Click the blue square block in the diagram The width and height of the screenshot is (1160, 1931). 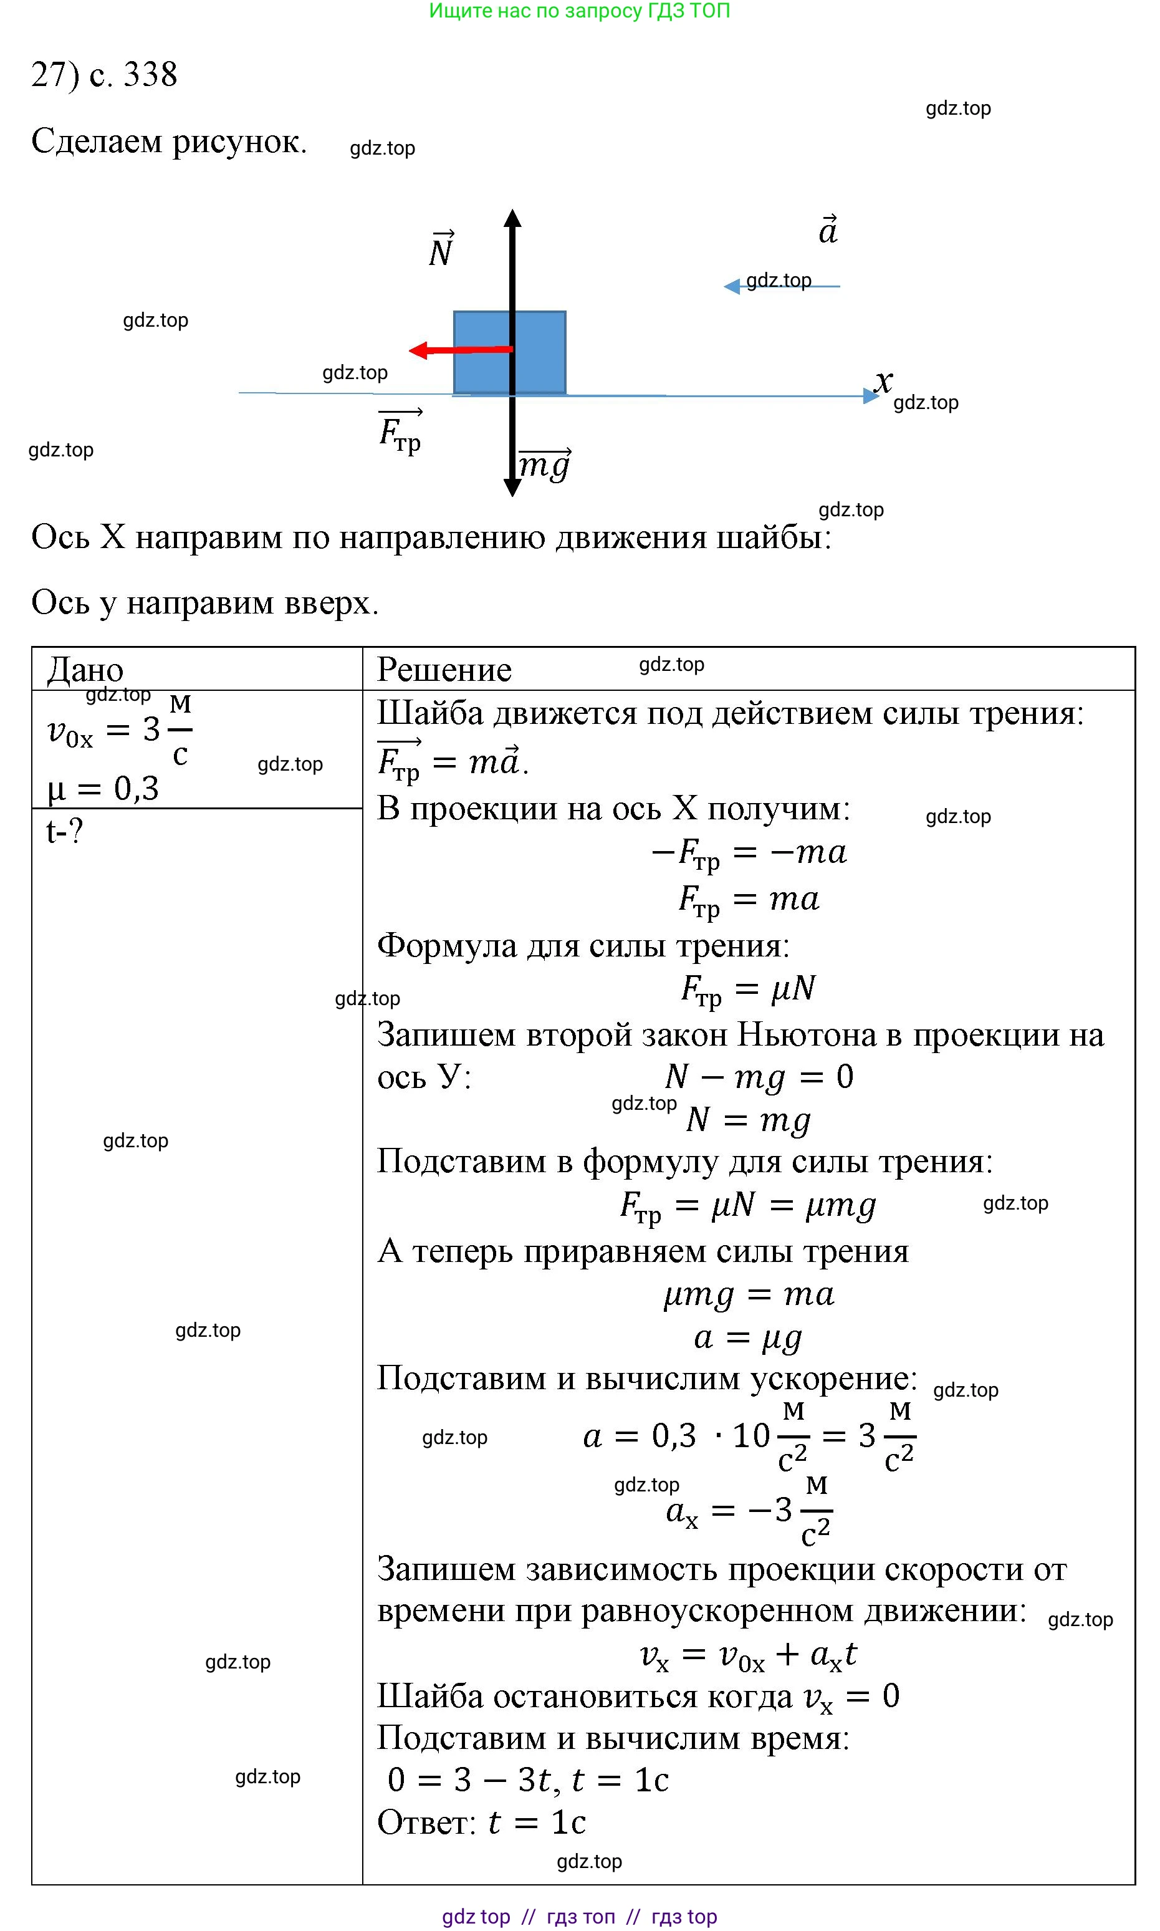tap(539, 352)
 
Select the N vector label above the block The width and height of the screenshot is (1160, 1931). tap(442, 250)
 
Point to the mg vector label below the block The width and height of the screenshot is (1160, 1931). tap(545, 465)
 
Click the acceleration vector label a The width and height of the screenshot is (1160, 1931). tap(828, 231)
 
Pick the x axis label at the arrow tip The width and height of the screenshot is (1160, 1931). tap(883, 382)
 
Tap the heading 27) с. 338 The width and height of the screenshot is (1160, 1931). tap(104, 74)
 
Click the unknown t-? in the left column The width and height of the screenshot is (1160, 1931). tap(64, 831)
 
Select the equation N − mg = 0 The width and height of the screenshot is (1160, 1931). tap(758, 1077)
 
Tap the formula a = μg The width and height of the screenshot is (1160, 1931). tap(747, 1337)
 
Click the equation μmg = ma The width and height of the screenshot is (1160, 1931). tap(748, 1294)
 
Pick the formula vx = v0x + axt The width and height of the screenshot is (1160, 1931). tap(748, 1654)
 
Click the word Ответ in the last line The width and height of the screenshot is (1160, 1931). tap(426, 1823)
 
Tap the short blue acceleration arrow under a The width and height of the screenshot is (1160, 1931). tap(782, 287)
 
